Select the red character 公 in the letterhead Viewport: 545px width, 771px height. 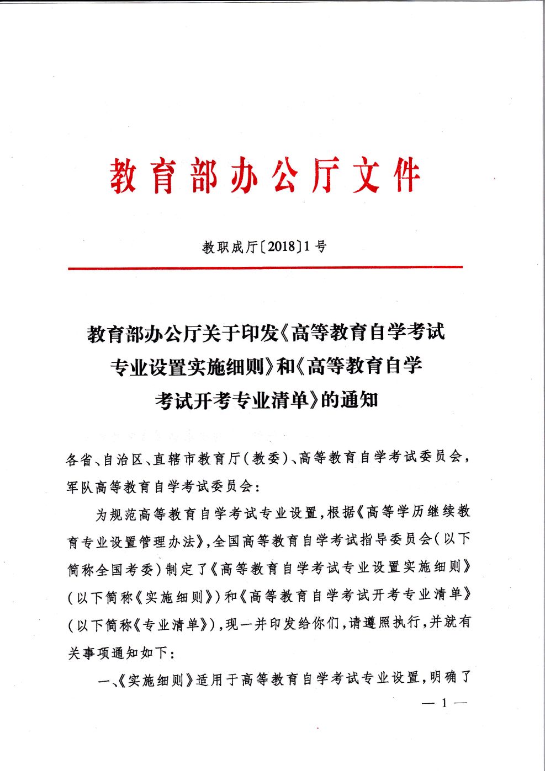[x=285, y=175]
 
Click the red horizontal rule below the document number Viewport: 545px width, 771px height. [x=265, y=268]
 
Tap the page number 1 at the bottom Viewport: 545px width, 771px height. [x=445, y=703]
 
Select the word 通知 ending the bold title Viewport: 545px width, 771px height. [x=359, y=399]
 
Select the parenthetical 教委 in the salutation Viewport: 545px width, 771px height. [x=266, y=458]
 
